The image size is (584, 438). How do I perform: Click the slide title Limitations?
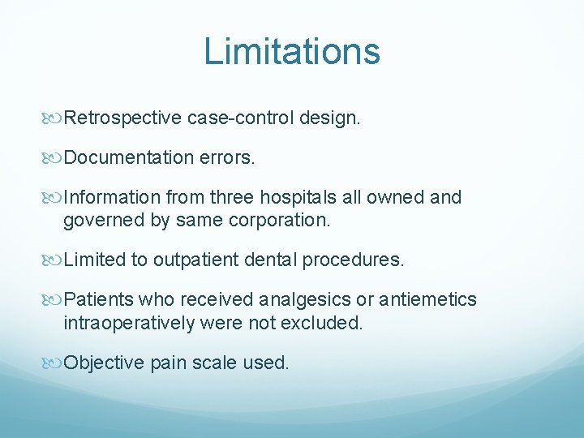[292, 51]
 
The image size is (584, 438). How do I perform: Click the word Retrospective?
[122, 118]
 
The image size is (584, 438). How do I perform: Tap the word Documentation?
[128, 157]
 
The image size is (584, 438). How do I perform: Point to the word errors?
[227, 157]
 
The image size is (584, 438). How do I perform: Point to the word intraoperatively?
[129, 322]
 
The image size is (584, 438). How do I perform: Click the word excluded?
[324, 322]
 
